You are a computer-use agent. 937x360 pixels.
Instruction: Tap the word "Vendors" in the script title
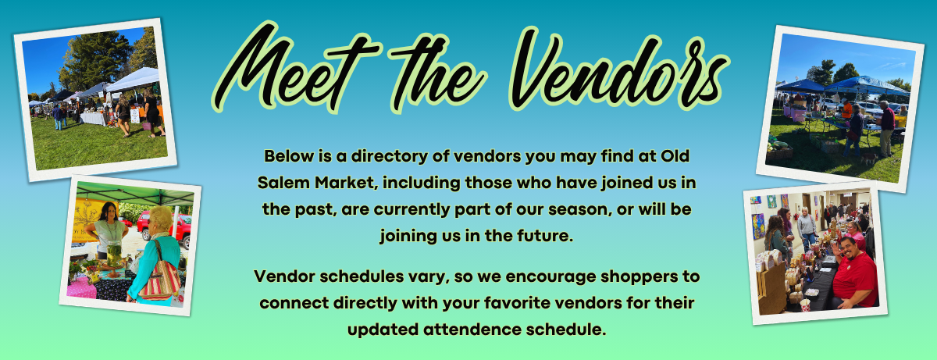619,69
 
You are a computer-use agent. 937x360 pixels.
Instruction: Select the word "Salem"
283,183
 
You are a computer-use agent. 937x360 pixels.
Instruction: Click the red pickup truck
166,227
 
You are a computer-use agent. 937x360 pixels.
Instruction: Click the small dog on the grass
869,159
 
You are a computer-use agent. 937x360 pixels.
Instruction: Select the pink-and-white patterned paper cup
804,305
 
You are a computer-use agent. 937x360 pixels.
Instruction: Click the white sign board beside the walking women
135,116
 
